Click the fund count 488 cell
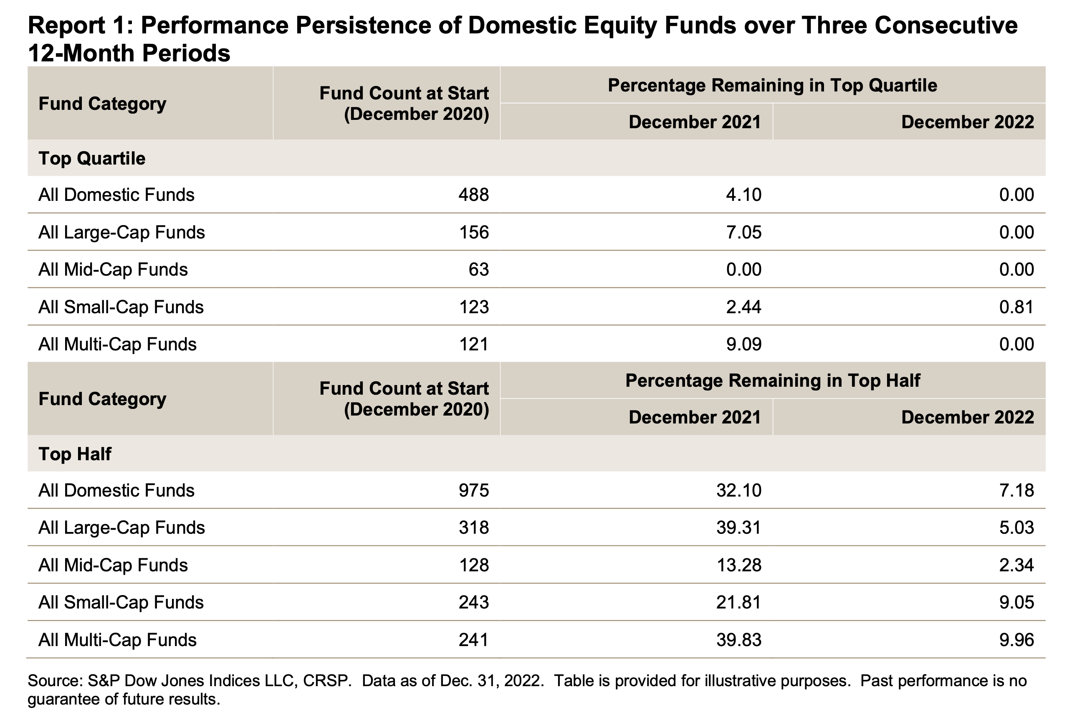(474, 195)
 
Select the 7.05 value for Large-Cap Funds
(743, 232)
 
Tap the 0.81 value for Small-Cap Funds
(1016, 307)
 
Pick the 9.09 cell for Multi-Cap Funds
(743, 344)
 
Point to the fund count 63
(478, 269)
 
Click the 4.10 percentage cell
(743, 195)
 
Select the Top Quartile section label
(92, 158)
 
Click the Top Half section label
(75, 454)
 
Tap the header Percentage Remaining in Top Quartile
(772, 86)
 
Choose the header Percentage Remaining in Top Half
(772, 380)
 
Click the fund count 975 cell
(474, 490)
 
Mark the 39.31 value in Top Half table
(738, 527)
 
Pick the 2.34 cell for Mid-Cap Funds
(1016, 565)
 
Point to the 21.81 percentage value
(738, 602)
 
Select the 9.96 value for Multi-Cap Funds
(1016, 640)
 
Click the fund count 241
(474, 640)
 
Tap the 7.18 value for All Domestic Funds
(1016, 490)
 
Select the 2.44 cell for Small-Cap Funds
(743, 307)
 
